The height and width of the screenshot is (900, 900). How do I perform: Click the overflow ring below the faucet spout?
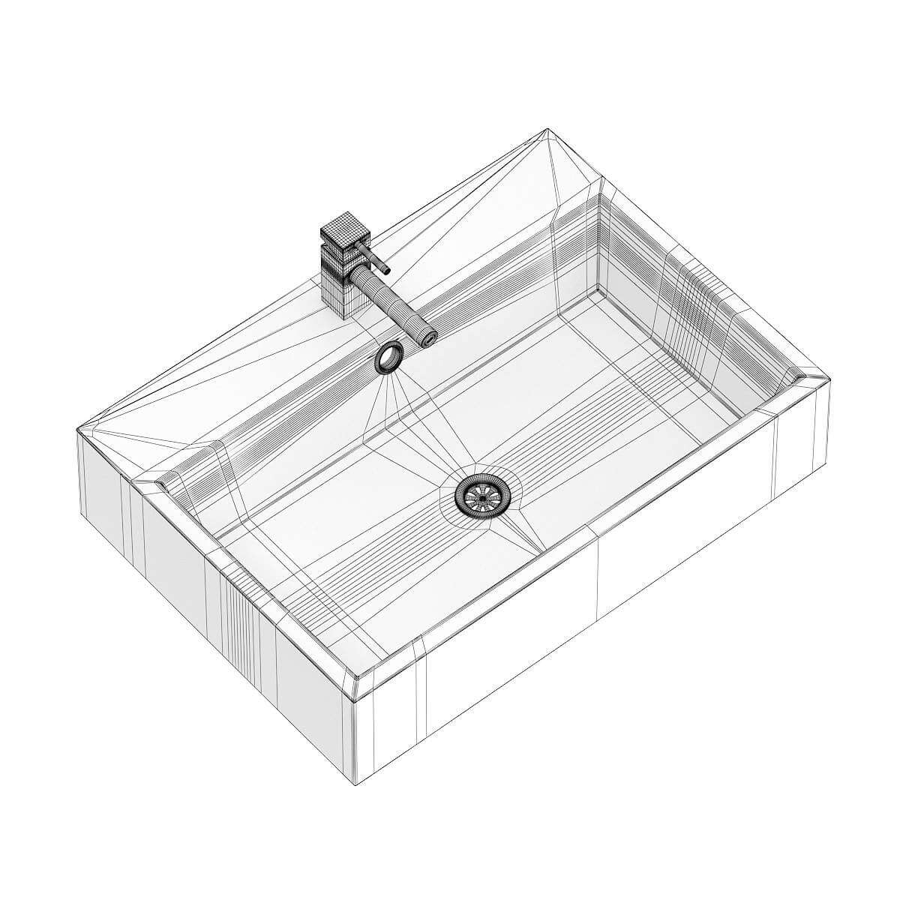pos(388,357)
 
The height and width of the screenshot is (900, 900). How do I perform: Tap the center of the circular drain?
pos(481,494)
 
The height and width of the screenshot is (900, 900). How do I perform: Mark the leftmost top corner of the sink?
pos(79,430)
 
